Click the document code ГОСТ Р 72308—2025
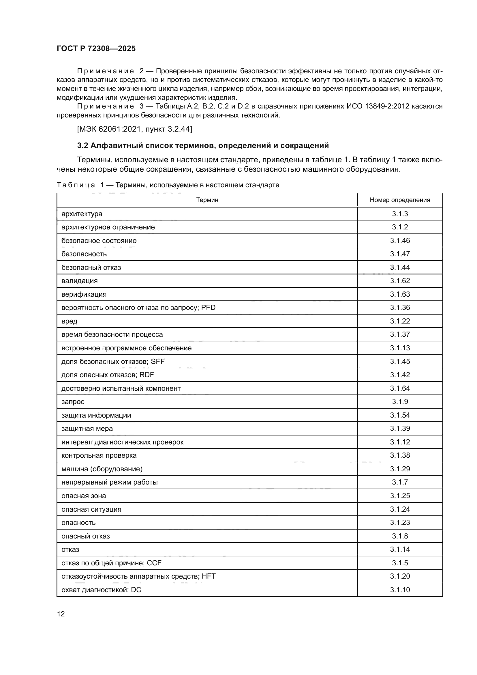coord(96,48)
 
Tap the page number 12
coord(61,614)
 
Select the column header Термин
coord(207,200)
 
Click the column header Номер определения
coord(400,200)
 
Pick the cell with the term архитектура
coord(82,214)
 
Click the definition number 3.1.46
coord(400,240)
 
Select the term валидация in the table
coord(79,281)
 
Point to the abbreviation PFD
coord(208,308)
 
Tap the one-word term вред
coord(69,321)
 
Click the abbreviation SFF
coord(158,361)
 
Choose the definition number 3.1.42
coord(400,375)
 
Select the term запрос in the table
coord(73,402)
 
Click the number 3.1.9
coord(400,402)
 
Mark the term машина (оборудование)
coord(102,469)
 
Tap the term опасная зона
coord(83,496)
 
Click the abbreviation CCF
coord(154,563)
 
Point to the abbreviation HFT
coord(209,576)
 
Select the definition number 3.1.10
coord(400,590)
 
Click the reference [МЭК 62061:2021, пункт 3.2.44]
coord(134,129)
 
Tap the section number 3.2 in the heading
coord(82,145)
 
